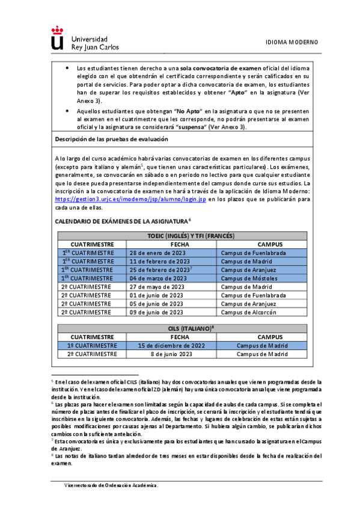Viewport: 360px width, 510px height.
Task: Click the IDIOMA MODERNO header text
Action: point(291,42)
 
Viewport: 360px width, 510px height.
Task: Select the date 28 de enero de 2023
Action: point(158,253)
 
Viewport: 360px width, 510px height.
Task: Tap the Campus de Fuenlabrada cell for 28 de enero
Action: point(252,253)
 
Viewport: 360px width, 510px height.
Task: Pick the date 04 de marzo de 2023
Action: point(158,278)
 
